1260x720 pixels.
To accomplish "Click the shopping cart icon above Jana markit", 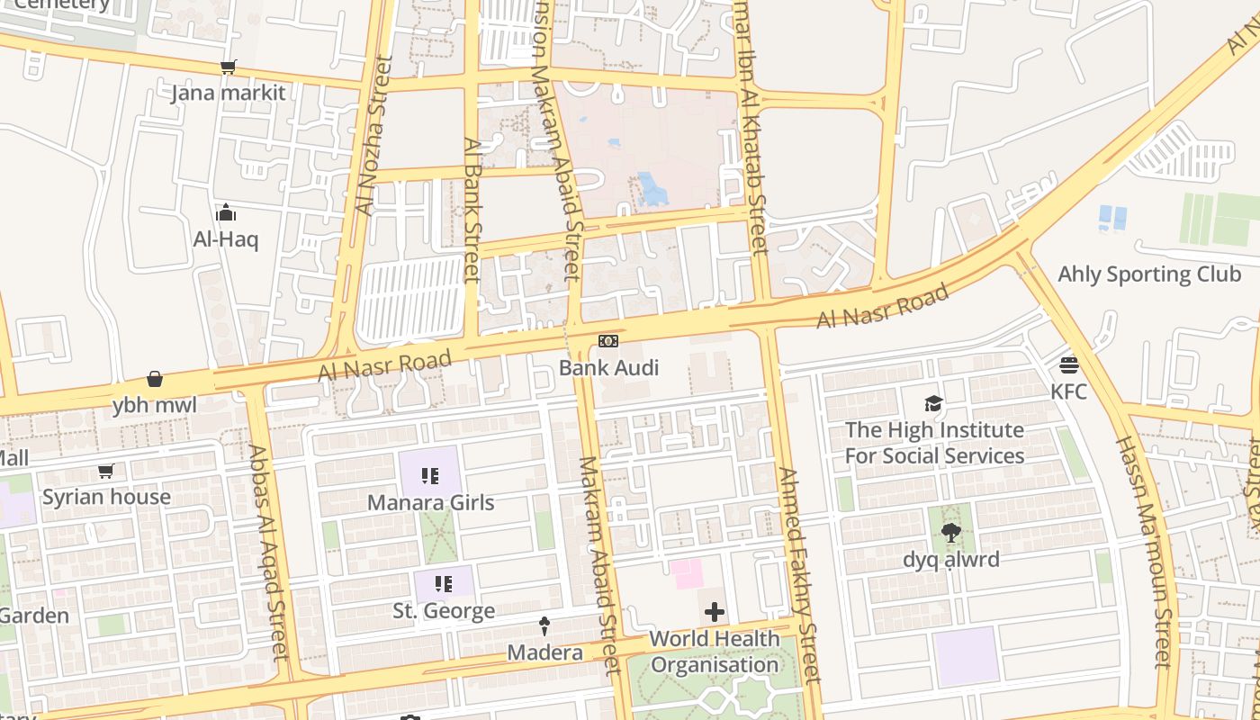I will coord(229,67).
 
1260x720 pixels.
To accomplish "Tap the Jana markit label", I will coord(229,93).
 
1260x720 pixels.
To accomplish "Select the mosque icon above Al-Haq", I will coord(225,213).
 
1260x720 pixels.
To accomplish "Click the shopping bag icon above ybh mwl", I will coord(155,379).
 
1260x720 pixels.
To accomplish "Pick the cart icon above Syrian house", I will coord(106,471).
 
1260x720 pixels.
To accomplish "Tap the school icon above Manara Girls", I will coord(430,476).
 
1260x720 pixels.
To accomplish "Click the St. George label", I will coord(444,611).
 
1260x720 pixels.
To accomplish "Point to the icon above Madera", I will coord(544,625).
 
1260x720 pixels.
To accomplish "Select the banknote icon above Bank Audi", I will coord(608,341).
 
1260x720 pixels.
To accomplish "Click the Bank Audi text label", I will coord(608,367).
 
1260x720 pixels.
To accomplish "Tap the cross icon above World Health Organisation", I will coord(715,613).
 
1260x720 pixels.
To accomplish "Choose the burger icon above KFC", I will coord(1069,365).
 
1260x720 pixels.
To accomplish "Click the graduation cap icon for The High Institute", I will coord(933,404).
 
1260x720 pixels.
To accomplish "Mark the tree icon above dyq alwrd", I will coord(950,534).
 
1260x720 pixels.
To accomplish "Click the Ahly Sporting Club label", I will coord(1149,274).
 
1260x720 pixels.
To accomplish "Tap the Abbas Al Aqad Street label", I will coord(270,553).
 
